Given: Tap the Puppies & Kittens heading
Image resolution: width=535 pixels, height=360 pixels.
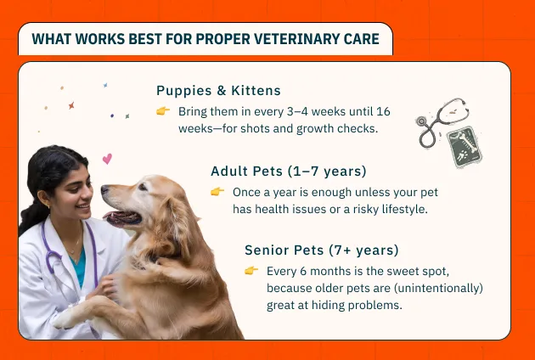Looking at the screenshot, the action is (218, 91).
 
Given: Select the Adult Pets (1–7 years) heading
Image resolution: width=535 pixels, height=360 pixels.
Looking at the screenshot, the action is (289, 171).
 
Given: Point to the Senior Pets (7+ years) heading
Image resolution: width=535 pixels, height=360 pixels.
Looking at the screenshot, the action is (321, 250).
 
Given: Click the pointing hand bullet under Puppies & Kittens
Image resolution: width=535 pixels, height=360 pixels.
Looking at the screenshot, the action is (163, 111).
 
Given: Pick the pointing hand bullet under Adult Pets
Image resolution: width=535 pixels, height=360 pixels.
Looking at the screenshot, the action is (217, 192).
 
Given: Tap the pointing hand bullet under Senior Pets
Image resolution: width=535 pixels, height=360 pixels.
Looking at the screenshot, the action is (251, 271).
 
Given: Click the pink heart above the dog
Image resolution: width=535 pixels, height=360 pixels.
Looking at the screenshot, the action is (107, 159).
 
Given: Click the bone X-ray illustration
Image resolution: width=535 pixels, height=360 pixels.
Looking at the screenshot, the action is (464, 147).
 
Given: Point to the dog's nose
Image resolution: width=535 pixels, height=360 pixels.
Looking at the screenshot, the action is (104, 189).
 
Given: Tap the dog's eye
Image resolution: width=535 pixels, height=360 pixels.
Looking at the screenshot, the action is (143, 187).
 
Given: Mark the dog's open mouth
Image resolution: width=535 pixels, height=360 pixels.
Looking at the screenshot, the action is (123, 218).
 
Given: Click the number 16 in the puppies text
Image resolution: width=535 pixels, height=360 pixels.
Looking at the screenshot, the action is (383, 111).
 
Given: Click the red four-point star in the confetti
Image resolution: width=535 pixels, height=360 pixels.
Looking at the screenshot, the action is (71, 105).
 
